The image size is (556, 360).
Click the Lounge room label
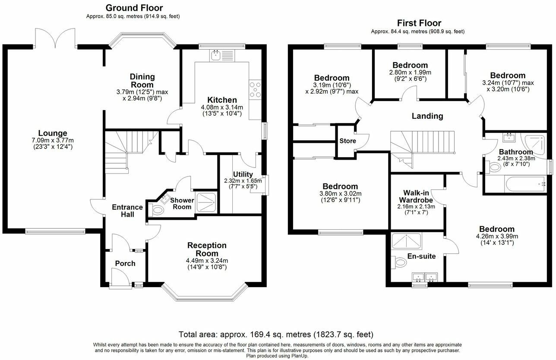53,133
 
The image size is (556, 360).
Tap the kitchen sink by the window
215,56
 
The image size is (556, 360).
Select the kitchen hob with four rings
255,89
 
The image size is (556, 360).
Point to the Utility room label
243,174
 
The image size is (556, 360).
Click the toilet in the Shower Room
156,210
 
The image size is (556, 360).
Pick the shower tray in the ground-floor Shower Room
206,202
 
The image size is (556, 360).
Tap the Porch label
125,263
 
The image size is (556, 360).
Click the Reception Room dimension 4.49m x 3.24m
207,261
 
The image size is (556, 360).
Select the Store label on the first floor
347,141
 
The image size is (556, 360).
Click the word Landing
427,116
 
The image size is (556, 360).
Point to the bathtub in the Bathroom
524,184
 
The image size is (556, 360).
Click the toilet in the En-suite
398,262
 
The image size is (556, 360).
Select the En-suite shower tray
407,241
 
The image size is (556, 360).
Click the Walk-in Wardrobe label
416,196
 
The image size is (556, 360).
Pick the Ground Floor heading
134,8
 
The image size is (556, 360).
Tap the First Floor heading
419,23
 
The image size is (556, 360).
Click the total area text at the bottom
276,335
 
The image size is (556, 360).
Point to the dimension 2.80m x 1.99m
410,73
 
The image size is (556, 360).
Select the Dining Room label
142,80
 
